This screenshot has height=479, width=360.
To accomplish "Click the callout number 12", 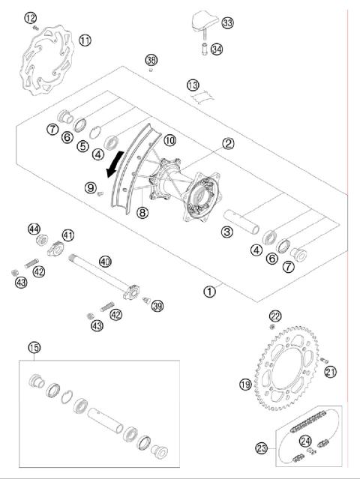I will point(30,18).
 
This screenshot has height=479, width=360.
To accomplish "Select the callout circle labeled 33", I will point(228,23).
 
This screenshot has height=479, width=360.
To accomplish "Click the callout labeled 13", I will point(193,85).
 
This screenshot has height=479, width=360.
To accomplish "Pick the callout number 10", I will point(170,139).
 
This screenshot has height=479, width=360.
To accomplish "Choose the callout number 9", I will point(90,187).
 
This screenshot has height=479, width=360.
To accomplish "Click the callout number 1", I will point(211,287).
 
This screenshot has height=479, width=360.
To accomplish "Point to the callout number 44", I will point(34,229).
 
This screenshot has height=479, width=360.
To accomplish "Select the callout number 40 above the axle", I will point(105,262).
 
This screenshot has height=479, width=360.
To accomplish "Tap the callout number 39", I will point(157,305).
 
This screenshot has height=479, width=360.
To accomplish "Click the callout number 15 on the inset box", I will point(34,347).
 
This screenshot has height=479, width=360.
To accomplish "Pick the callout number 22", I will point(275,316).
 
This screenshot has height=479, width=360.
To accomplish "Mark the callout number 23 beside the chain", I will point(261,448).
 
